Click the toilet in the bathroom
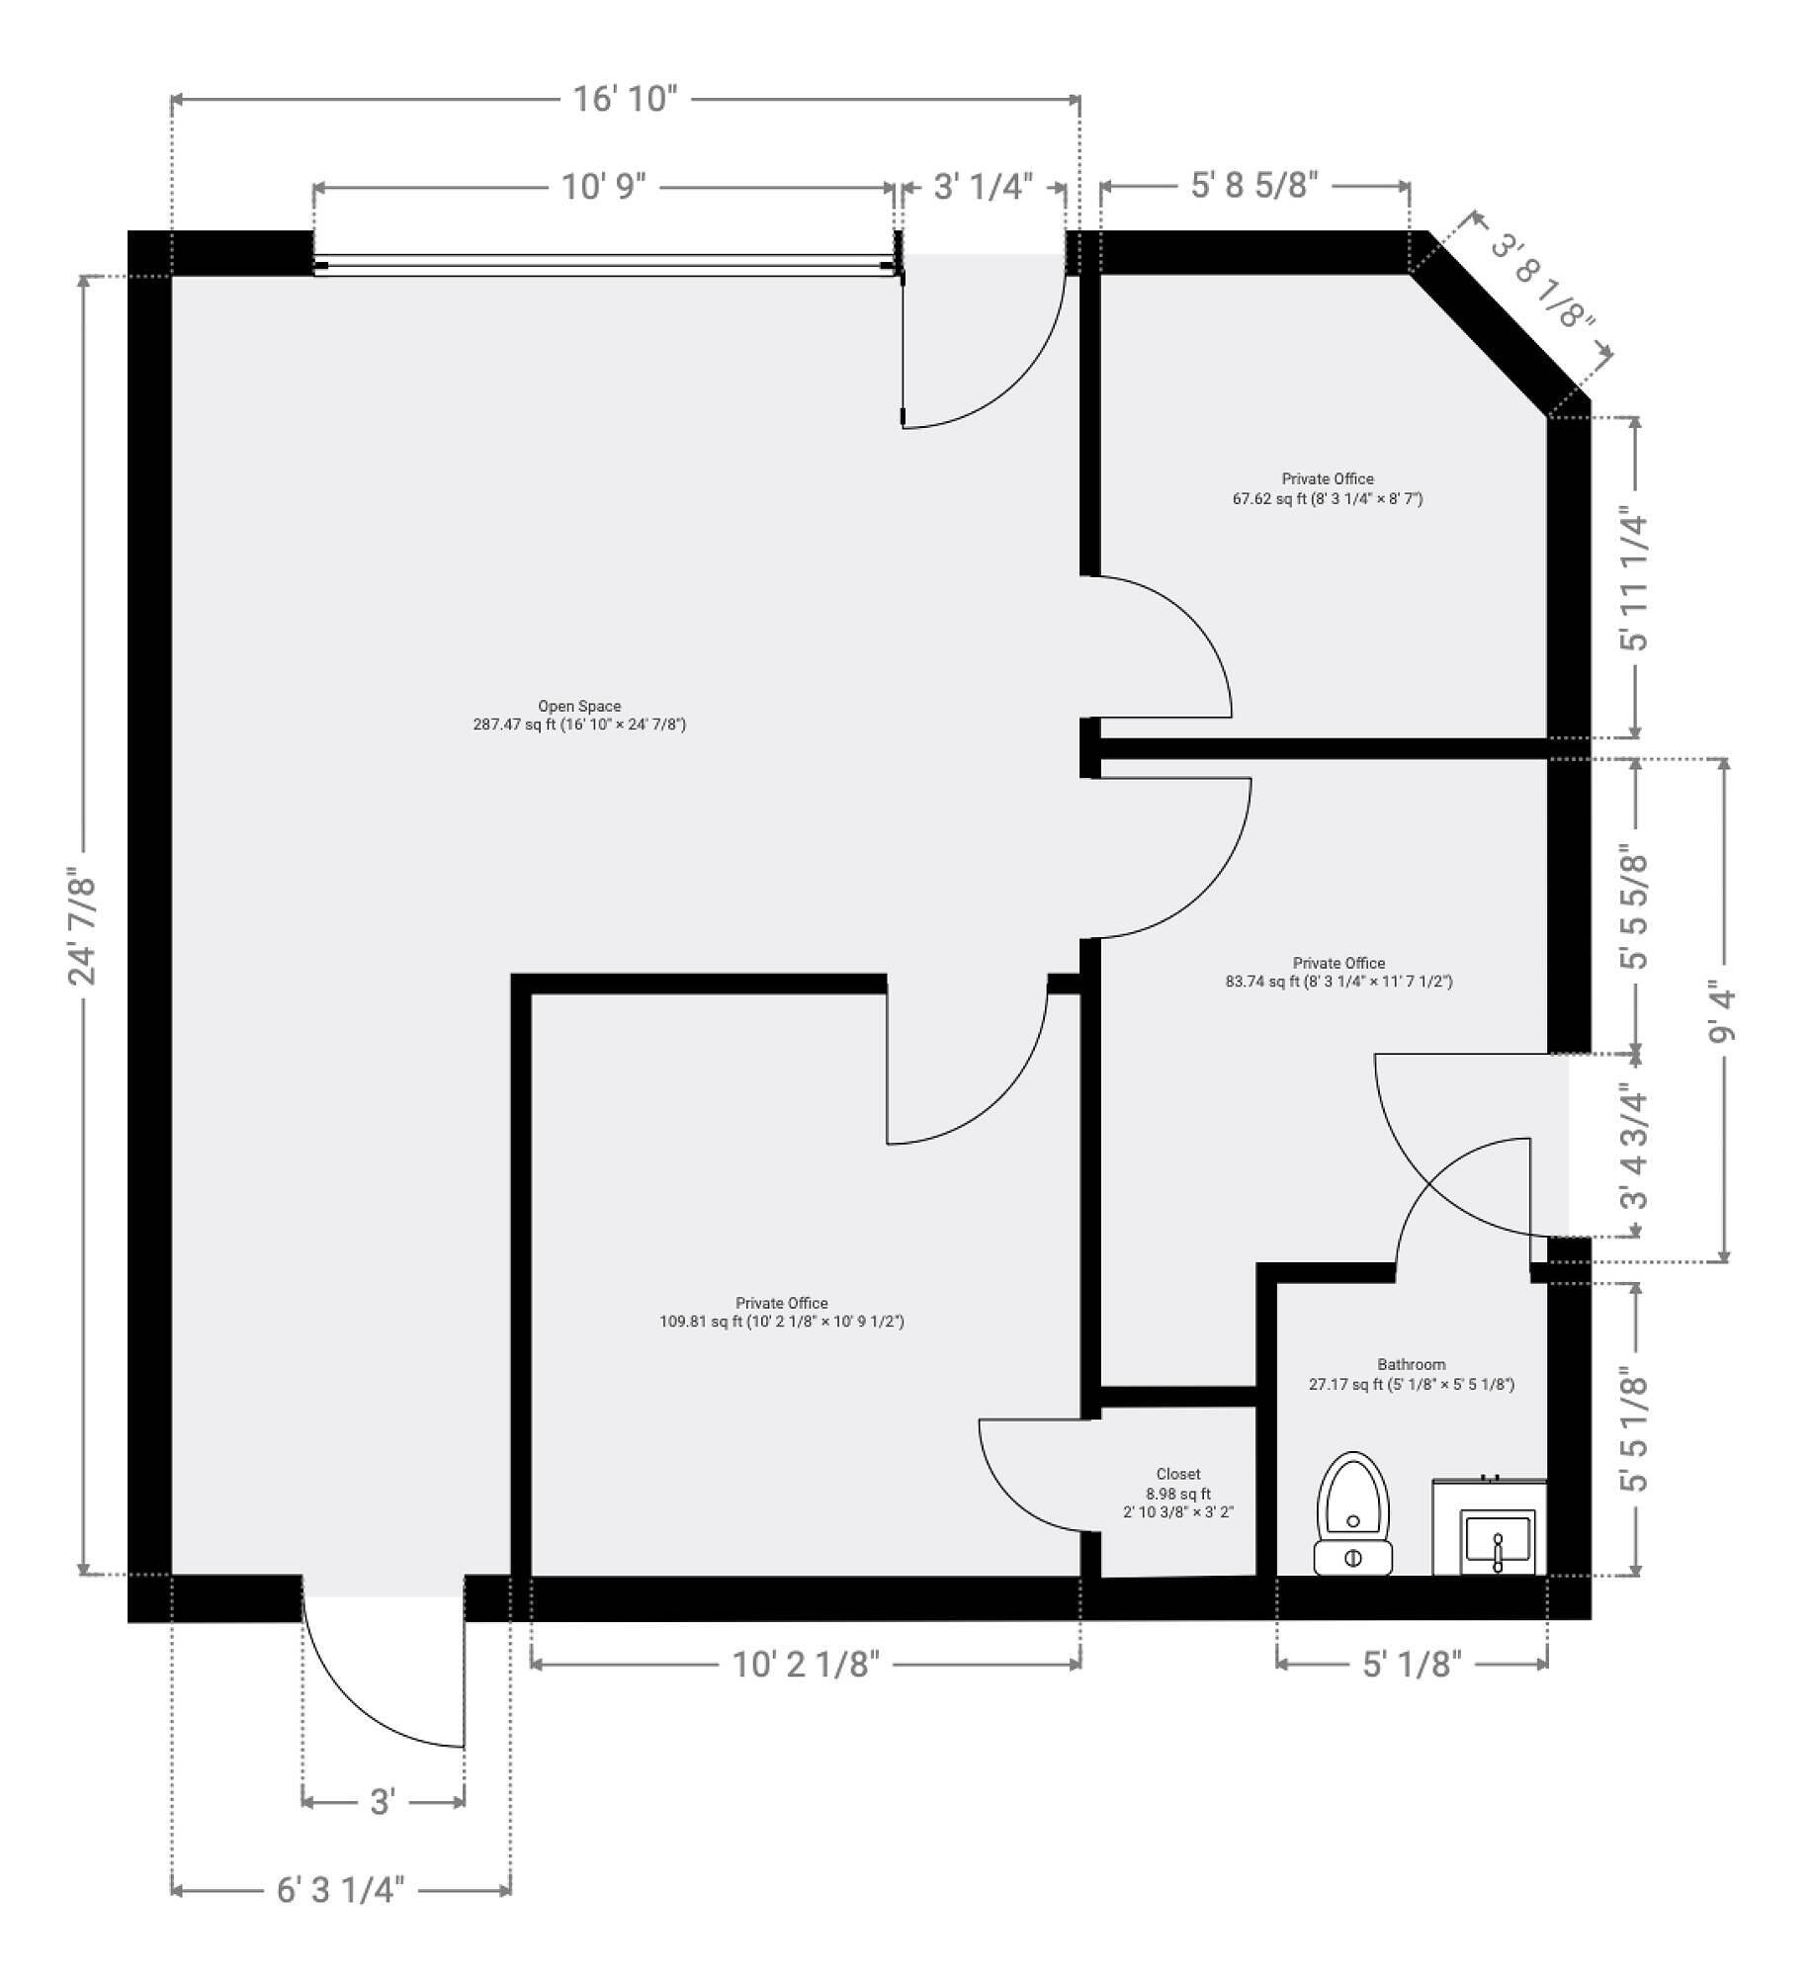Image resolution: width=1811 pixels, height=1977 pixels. pos(1352,1513)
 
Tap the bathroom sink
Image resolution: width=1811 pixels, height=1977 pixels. pos(1490,1528)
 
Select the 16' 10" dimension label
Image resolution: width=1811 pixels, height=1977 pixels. pos(626,99)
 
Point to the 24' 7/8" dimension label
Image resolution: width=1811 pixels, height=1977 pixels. pos(83,925)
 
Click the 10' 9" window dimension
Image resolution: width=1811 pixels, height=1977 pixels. pos(603,186)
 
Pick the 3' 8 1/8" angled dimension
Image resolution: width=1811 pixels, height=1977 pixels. pos(1541,282)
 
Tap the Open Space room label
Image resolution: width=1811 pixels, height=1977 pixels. pos(579,715)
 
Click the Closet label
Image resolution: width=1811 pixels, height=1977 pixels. pos(1178,1493)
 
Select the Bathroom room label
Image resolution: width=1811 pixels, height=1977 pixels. pos(1412,1374)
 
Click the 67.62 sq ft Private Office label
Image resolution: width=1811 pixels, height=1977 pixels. pos(1328,488)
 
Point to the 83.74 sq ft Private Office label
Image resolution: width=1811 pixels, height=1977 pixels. pos(1339,972)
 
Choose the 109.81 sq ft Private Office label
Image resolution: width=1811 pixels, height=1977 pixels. pos(782,1312)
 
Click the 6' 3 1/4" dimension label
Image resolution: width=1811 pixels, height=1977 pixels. pos(341,1890)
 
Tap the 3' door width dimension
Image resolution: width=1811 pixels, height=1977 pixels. pos(383,1802)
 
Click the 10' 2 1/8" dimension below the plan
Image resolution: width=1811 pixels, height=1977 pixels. pos(806,1664)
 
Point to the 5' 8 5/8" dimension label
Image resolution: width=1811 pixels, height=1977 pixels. pos(1254,185)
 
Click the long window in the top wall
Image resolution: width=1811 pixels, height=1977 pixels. pos(606,264)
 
